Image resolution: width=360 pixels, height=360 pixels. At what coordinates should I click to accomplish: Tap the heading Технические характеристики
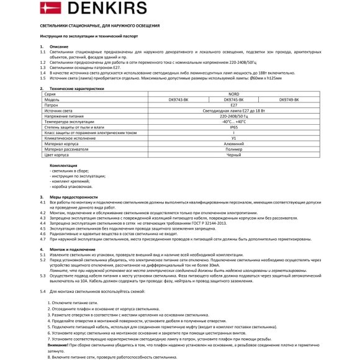(77, 89)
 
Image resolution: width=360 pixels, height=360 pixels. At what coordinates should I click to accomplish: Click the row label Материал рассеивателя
(68, 149)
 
